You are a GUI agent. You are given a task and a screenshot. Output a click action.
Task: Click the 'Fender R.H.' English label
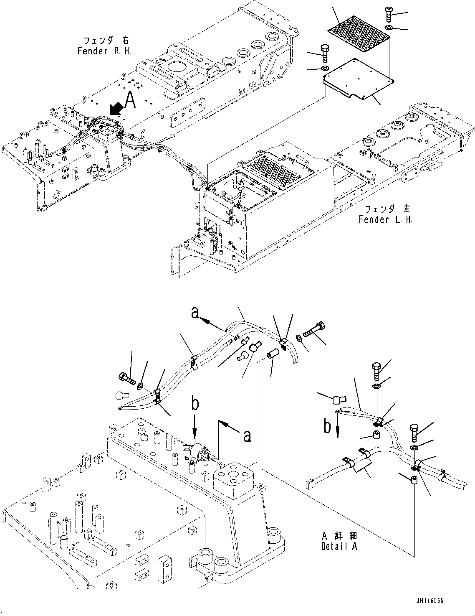coord(104,51)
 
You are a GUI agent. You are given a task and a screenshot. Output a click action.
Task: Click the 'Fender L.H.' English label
coord(385,219)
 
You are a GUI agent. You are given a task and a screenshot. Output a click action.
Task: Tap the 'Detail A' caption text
coord(339,546)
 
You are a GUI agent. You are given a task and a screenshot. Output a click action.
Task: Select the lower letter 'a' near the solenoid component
coord(247,436)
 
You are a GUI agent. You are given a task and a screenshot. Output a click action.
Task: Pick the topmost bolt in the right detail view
coord(376,370)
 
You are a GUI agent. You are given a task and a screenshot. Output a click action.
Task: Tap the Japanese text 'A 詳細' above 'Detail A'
coord(339,536)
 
